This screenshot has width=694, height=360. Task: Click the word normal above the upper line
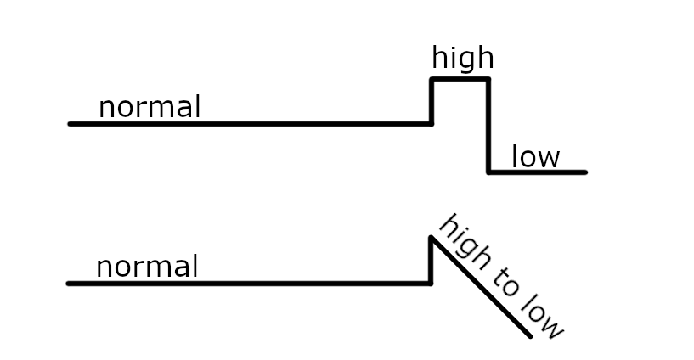(x=150, y=108)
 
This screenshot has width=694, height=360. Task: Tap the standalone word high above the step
(x=462, y=59)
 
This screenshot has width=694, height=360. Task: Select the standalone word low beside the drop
(x=535, y=157)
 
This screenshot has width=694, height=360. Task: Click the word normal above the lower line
(x=147, y=267)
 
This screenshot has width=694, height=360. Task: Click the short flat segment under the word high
(x=460, y=79)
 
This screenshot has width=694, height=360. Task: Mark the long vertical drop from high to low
(x=488, y=127)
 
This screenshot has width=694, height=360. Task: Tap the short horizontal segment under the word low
(x=537, y=172)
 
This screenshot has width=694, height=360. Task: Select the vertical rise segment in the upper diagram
(x=432, y=102)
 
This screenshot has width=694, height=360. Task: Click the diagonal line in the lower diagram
(x=481, y=287)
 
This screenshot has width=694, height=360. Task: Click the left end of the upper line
(x=71, y=124)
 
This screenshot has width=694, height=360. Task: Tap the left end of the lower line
(x=69, y=284)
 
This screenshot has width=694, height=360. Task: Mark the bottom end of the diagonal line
(x=530, y=336)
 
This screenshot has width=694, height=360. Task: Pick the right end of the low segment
(x=585, y=172)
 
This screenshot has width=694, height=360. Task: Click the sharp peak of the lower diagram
(x=432, y=238)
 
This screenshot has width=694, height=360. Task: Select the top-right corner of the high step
(x=488, y=79)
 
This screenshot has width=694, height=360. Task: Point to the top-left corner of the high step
(x=432, y=79)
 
